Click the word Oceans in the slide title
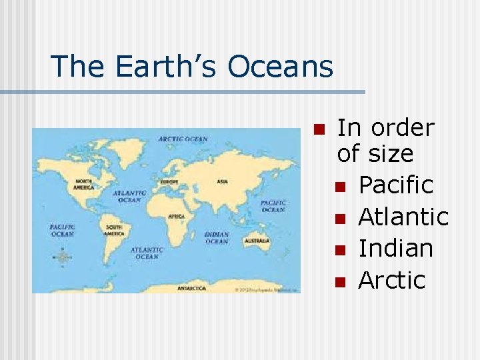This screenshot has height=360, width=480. pyautogui.click(x=280, y=67)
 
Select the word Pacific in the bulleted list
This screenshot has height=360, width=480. pyautogui.click(x=396, y=185)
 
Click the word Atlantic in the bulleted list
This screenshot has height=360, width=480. pyautogui.click(x=403, y=217)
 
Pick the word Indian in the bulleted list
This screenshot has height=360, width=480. pyautogui.click(x=396, y=249)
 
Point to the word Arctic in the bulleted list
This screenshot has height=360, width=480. pyautogui.click(x=392, y=281)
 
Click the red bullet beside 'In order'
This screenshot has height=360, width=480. pyautogui.click(x=318, y=128)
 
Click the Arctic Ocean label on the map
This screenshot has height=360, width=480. pyautogui.click(x=183, y=139)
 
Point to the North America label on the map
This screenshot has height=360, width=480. pyautogui.click(x=84, y=184)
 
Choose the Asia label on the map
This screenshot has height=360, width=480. pyautogui.click(x=223, y=181)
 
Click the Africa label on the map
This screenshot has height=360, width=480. pyautogui.click(x=177, y=217)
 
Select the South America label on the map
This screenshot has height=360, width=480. pyautogui.click(x=114, y=230)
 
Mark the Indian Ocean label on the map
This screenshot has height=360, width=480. pyautogui.click(x=217, y=237)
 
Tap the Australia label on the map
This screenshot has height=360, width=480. pyautogui.click(x=257, y=240)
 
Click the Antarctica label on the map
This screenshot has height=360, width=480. pyautogui.click(x=192, y=289)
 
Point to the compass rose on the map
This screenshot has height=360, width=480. pyautogui.click(x=63, y=257)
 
